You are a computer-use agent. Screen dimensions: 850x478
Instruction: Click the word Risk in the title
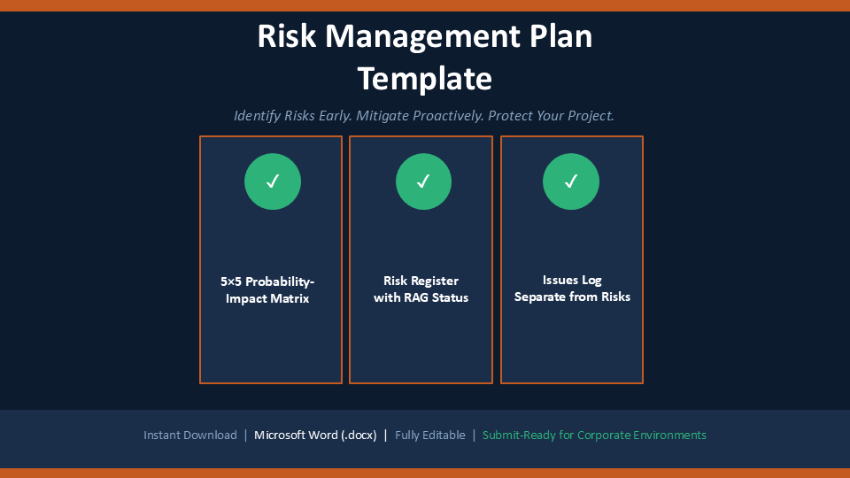click(286, 36)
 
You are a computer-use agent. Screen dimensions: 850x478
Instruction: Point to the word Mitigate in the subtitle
click(382, 116)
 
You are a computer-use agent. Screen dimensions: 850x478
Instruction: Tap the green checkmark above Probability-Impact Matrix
click(273, 181)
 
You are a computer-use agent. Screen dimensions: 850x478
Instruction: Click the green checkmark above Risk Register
click(423, 181)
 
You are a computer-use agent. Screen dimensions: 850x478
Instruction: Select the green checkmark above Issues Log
click(571, 181)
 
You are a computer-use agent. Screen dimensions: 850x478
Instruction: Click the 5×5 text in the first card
click(230, 281)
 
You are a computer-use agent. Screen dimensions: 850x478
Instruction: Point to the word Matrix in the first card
click(291, 298)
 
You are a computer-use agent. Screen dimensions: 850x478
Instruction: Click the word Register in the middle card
click(434, 281)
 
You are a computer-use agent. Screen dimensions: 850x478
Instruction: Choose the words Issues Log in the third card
click(572, 281)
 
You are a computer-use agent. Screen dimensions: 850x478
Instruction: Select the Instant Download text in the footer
click(190, 436)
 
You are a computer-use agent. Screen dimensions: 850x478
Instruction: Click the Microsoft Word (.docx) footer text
click(315, 436)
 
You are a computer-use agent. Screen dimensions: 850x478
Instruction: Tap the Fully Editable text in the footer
click(430, 436)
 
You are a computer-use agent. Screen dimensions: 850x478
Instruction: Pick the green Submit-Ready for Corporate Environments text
click(594, 436)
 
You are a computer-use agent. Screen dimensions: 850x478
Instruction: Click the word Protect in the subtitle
click(510, 116)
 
